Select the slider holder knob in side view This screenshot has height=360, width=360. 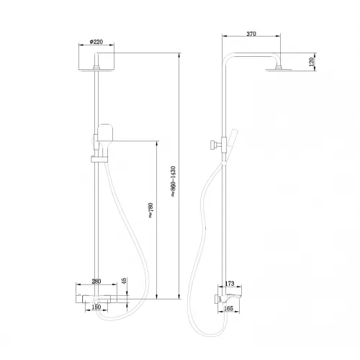212,145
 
